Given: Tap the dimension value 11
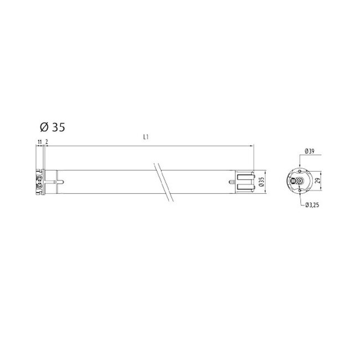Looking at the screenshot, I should click(39, 142).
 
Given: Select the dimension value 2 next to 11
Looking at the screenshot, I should click(47, 142).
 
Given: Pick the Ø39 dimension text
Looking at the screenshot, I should click(310, 151).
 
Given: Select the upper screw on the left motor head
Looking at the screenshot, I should click(40, 178).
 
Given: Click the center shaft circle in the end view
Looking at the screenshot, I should click(300, 181).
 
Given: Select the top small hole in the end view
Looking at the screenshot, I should click(300, 172).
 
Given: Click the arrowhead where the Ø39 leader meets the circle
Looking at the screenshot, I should click(300, 168).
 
